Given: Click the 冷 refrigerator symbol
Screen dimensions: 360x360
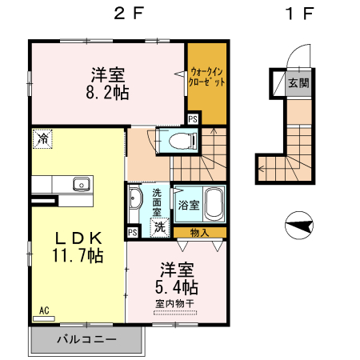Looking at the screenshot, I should (x=42, y=139).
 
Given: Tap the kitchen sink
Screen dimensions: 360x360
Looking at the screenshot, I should (x=81, y=185).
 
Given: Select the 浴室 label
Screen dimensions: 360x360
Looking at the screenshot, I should (x=189, y=205).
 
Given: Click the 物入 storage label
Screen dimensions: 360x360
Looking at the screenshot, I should (x=200, y=233).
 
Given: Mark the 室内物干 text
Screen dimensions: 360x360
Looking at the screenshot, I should (x=174, y=304).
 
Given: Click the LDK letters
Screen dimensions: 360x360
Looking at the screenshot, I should (x=78, y=238).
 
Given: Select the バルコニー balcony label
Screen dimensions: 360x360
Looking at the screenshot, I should (x=86, y=339).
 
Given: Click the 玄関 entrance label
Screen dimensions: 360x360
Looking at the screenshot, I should (x=298, y=83).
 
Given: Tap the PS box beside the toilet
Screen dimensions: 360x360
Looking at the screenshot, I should (x=193, y=120).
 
